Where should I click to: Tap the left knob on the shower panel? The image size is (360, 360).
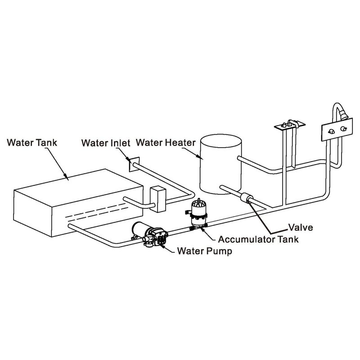pyautogui.click(x=331, y=131)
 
